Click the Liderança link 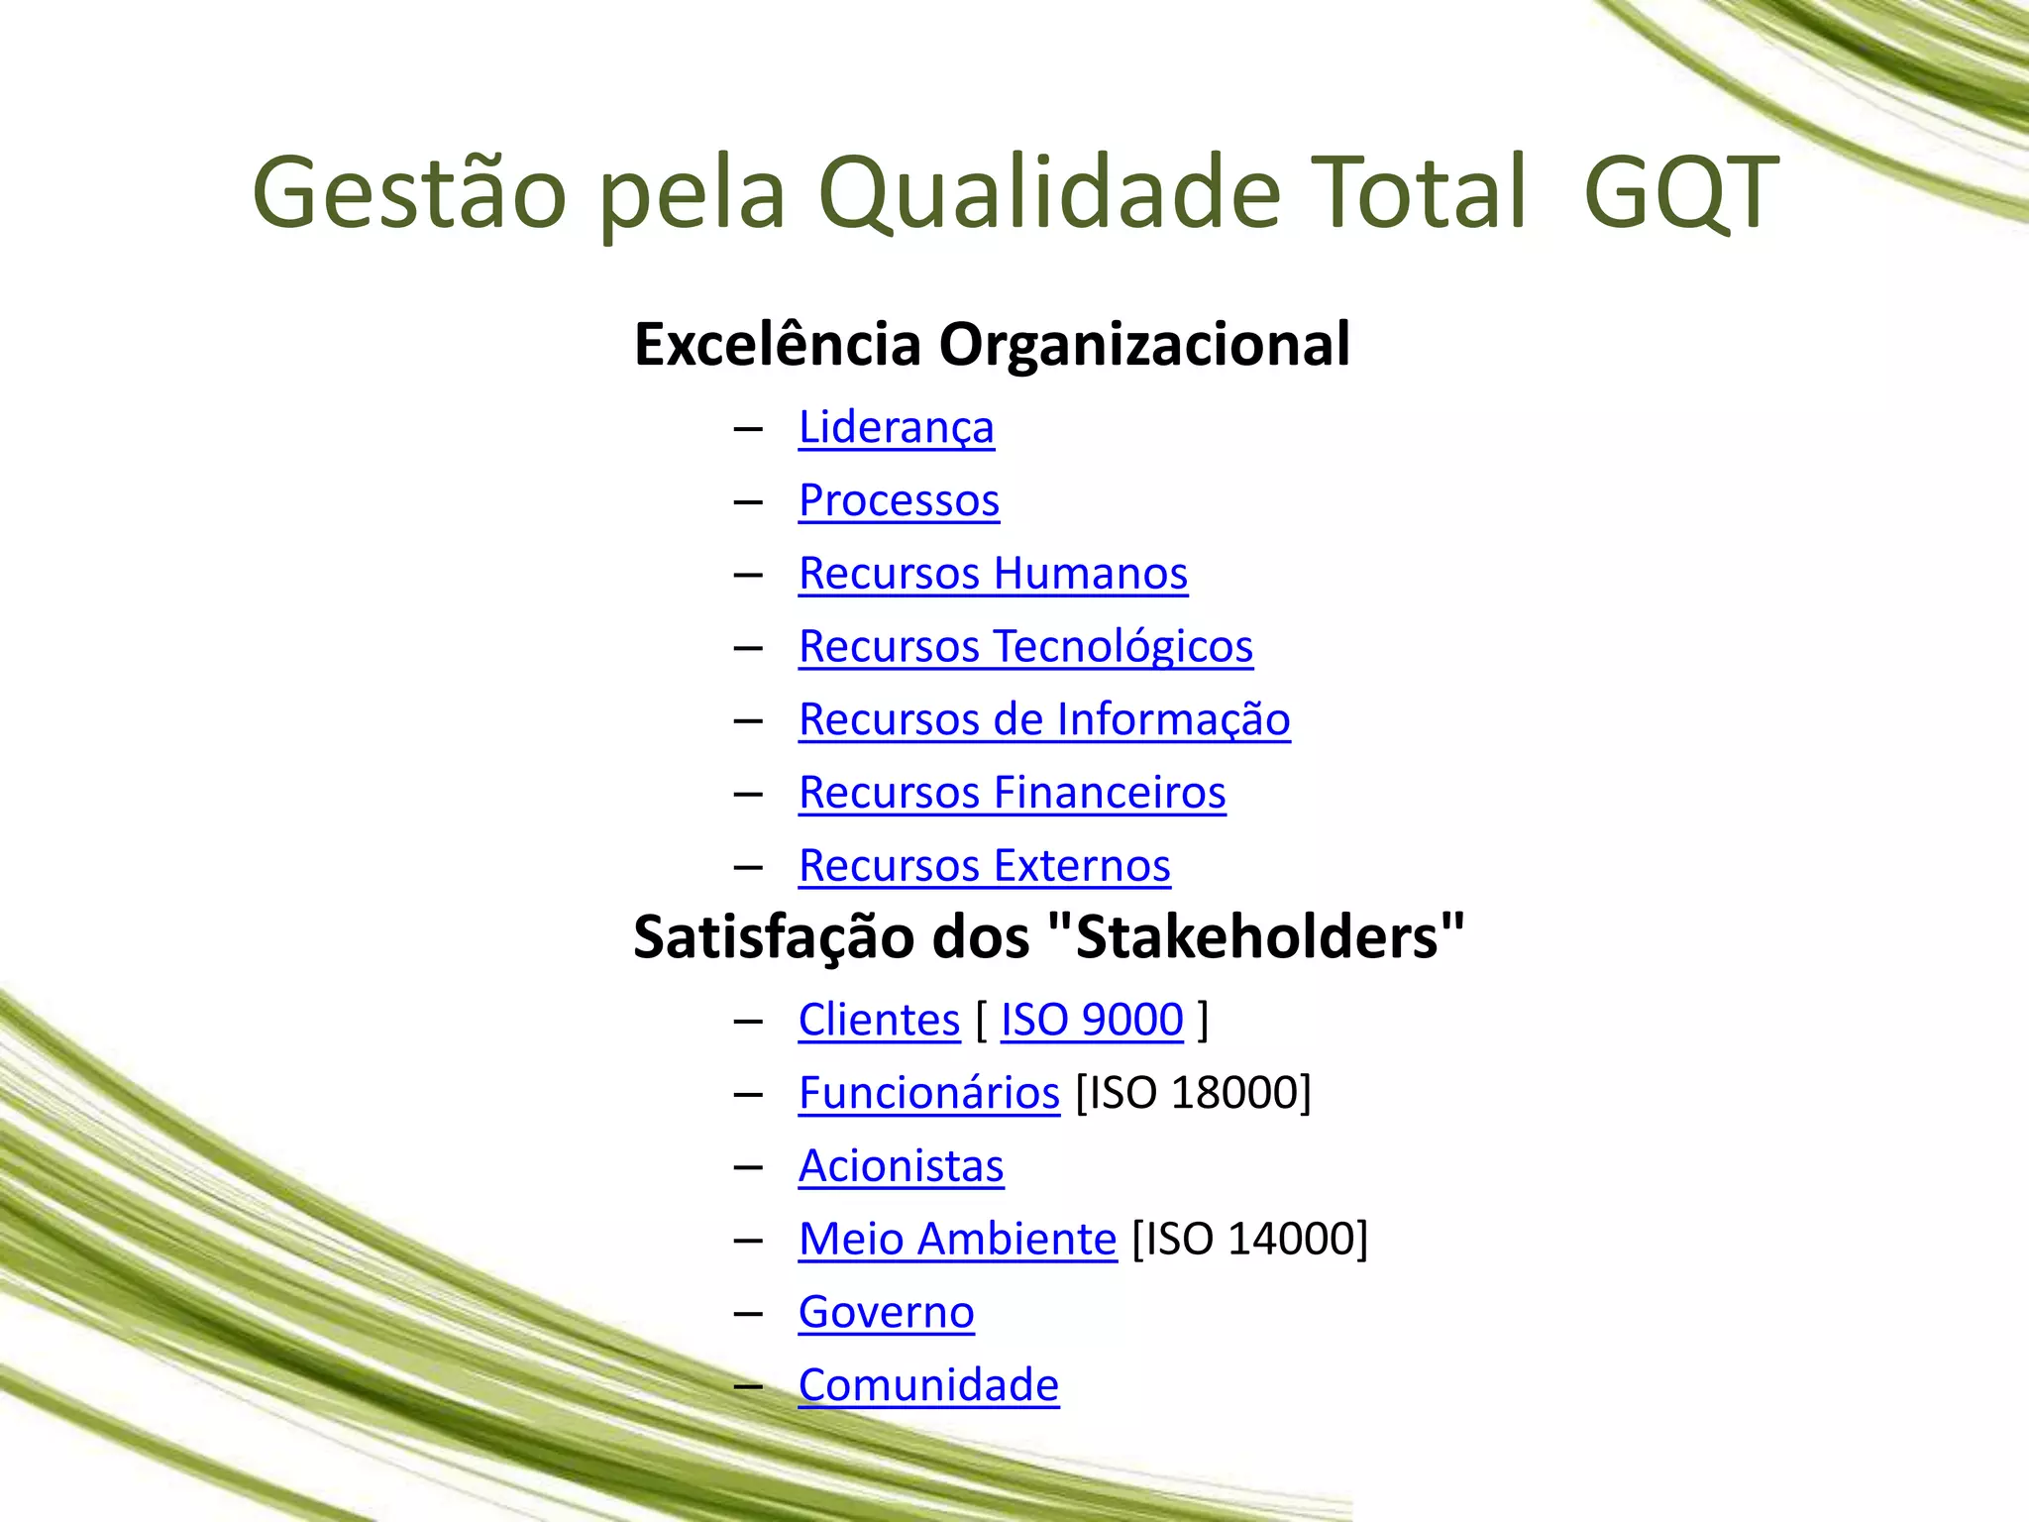pyautogui.click(x=896, y=428)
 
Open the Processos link pyautogui.click(x=899, y=500)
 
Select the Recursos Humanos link pyautogui.click(x=993, y=574)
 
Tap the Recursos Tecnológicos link pyautogui.click(x=1025, y=647)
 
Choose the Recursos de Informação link pyautogui.click(x=1044, y=720)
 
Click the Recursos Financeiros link pyautogui.click(x=1012, y=793)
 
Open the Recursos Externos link pyautogui.click(x=984, y=866)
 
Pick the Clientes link pyautogui.click(x=879, y=1020)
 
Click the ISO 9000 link pyautogui.click(x=1092, y=1020)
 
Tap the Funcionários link pyautogui.click(x=928, y=1093)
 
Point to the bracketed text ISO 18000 pyautogui.click(x=1193, y=1093)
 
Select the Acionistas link pyautogui.click(x=901, y=1166)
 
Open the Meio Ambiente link pyautogui.click(x=957, y=1240)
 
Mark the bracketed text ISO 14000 pyautogui.click(x=1249, y=1240)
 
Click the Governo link pyautogui.click(x=886, y=1313)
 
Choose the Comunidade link pyautogui.click(x=928, y=1385)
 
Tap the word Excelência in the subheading pyautogui.click(x=778, y=345)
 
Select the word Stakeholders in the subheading pyautogui.click(x=1256, y=937)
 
